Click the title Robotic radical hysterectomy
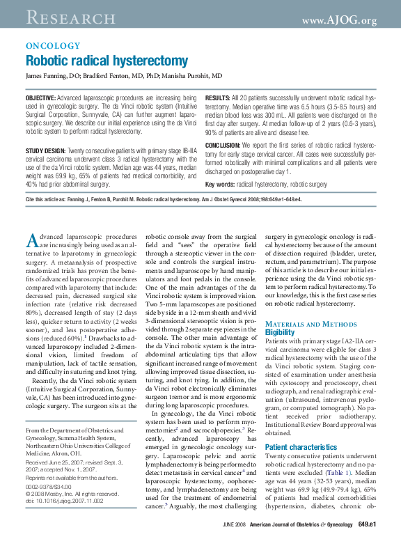[x=107, y=61]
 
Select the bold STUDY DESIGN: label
[x=45, y=151]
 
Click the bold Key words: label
[x=219, y=185]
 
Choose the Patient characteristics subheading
[x=301, y=446]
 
